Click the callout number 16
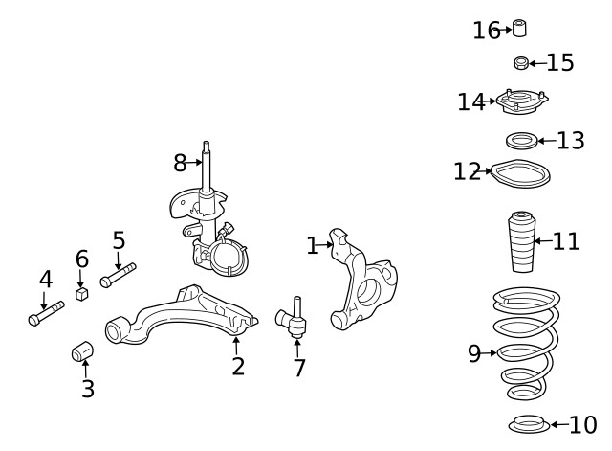click(487, 31)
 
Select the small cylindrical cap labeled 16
click(519, 28)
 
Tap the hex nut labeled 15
click(521, 63)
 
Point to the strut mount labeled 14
click(522, 101)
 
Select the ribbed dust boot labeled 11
click(522, 241)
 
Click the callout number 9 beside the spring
click(474, 353)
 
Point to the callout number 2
click(238, 366)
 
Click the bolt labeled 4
click(46, 313)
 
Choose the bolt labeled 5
click(118, 276)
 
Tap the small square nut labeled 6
click(81, 294)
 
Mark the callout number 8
click(180, 163)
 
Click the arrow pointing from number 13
click(547, 141)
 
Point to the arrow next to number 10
click(559, 425)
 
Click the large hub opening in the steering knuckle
click(368, 292)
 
